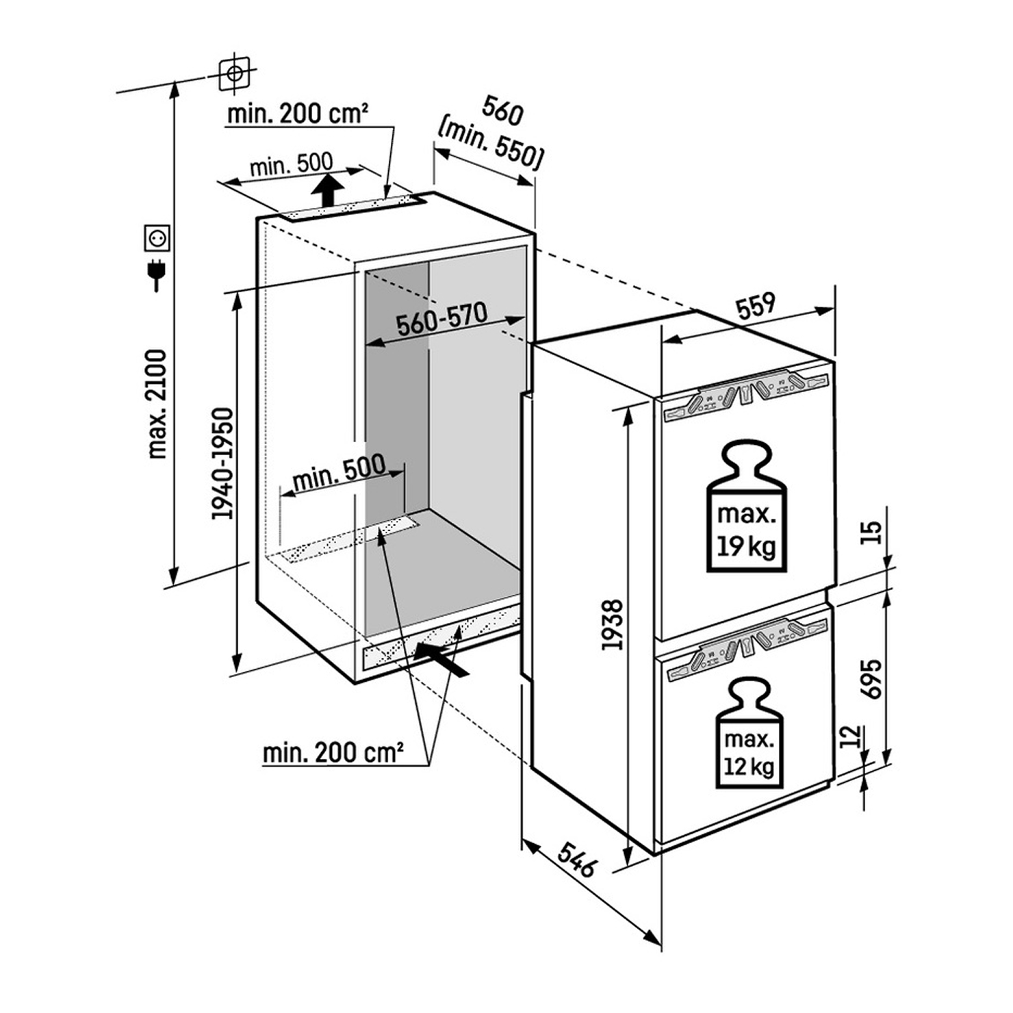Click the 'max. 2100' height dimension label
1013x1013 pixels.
157,404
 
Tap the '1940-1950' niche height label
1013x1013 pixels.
222,463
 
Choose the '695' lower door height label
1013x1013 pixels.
871,678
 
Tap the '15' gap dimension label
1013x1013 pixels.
871,533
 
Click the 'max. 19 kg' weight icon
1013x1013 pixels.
746,506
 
